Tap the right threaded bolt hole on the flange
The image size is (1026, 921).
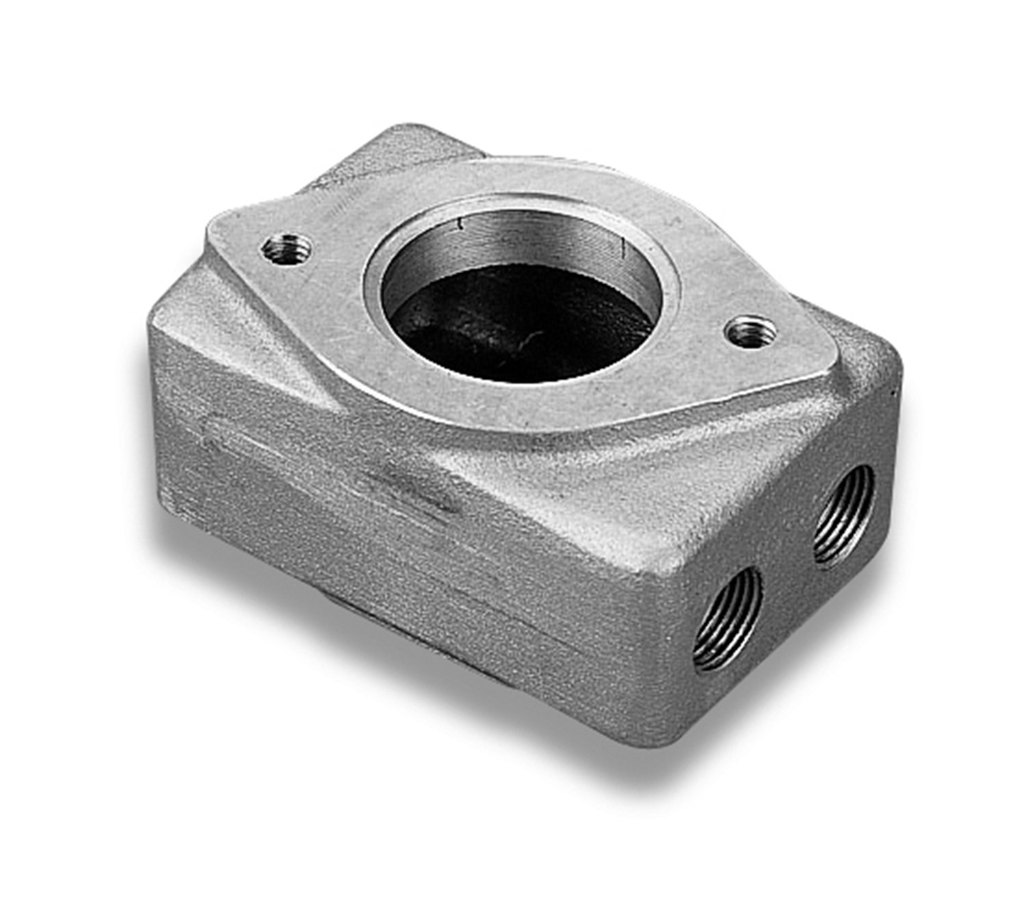751,333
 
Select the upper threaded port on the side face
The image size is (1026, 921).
844,515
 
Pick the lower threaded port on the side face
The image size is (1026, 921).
728,620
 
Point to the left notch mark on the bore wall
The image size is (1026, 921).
461,224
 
